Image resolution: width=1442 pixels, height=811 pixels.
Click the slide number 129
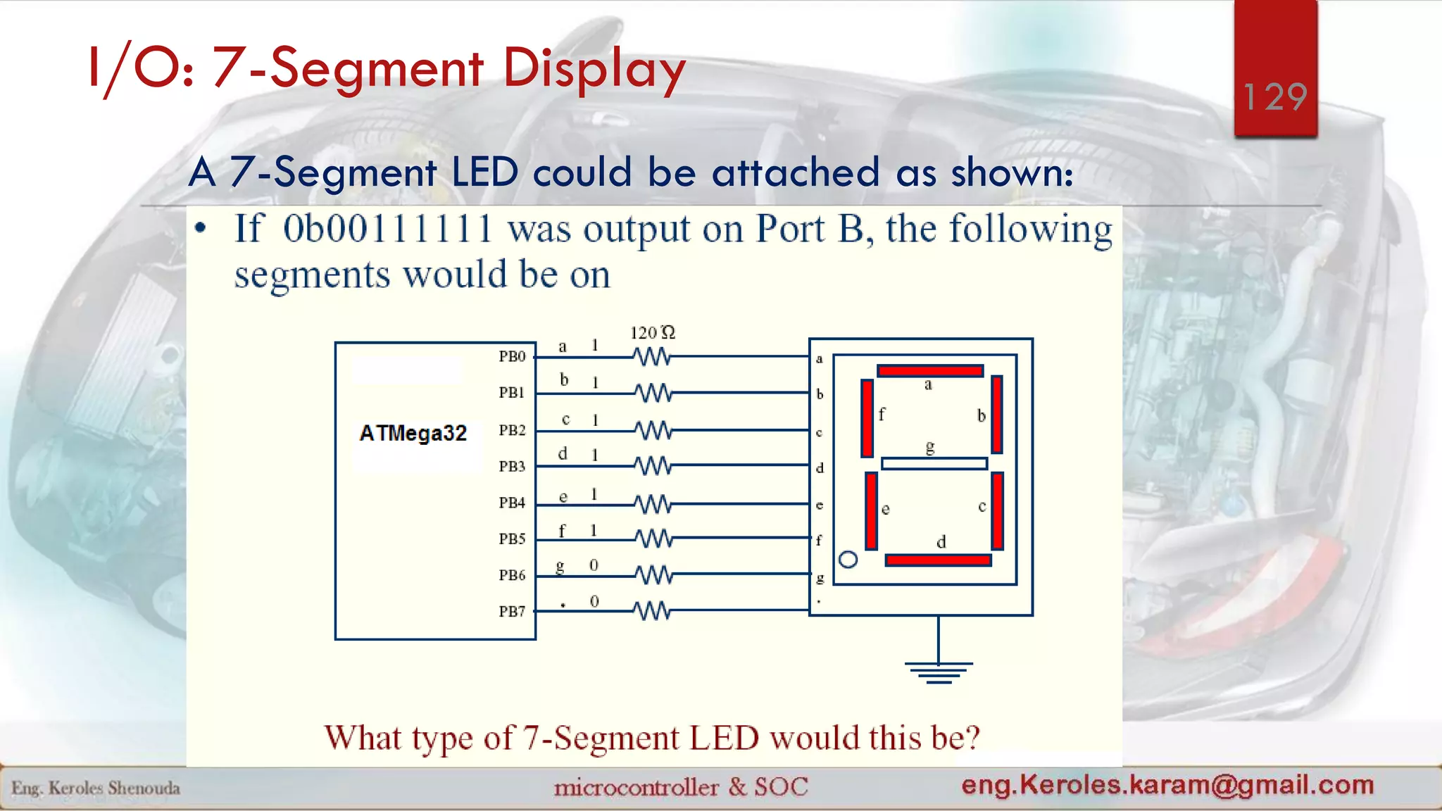coord(1275,96)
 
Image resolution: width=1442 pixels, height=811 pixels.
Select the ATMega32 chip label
coord(413,433)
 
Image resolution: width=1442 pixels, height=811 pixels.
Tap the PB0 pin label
coord(513,356)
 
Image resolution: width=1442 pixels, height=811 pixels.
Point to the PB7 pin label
coord(513,611)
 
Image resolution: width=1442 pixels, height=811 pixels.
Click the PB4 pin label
coord(513,503)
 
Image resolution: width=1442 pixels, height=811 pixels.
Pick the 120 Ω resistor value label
coord(652,332)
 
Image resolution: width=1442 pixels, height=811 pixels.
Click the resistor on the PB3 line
coord(653,465)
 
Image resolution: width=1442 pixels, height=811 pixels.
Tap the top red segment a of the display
coord(929,371)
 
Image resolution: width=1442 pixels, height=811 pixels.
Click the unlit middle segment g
coord(934,463)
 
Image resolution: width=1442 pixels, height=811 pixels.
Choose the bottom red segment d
coord(938,560)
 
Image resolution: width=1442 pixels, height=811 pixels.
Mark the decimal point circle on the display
coord(848,560)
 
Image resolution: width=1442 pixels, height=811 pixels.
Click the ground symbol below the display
coord(938,672)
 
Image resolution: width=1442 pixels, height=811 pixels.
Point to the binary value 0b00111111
coord(387,230)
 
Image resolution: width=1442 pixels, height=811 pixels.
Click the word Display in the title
coord(594,69)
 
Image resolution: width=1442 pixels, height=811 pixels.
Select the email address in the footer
coord(1167,784)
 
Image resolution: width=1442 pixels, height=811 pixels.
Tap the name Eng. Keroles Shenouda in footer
coord(96,788)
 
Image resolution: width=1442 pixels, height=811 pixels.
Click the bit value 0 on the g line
coord(594,565)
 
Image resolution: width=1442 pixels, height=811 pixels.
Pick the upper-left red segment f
coord(867,417)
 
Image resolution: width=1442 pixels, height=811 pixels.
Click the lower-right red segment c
coord(997,510)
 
